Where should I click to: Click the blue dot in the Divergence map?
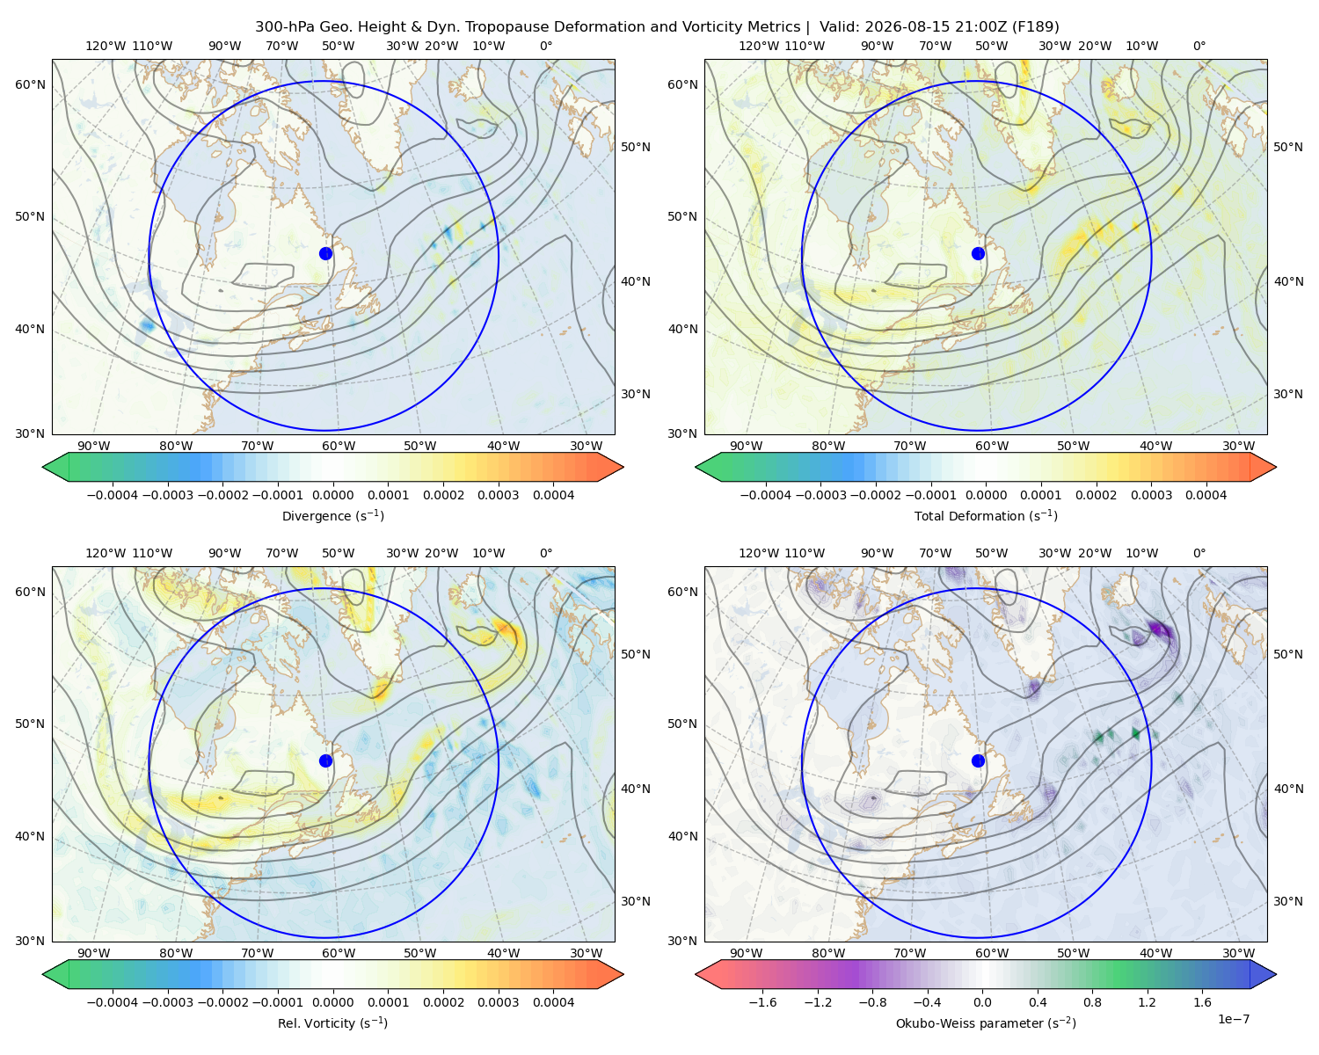point(325,253)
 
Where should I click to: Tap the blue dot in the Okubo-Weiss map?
point(978,760)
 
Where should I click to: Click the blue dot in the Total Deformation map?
point(978,253)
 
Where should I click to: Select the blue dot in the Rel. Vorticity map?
point(325,760)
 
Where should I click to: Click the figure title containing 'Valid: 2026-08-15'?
point(657,27)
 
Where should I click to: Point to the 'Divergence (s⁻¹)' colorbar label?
point(332,516)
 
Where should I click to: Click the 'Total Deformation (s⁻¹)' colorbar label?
point(986,516)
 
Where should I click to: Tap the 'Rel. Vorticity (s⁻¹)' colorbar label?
point(332,1023)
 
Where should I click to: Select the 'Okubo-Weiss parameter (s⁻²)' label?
point(986,1023)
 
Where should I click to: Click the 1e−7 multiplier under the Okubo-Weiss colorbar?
point(1233,1019)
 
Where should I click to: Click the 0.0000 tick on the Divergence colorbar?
point(332,495)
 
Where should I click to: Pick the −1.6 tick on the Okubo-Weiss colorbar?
point(763,1002)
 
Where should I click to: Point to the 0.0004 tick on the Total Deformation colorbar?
point(1206,495)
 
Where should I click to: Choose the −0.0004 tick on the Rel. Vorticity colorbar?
point(113,1002)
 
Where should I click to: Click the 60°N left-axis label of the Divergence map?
point(30,84)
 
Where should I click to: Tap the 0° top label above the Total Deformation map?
point(1199,46)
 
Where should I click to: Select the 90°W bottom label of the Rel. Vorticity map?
point(94,953)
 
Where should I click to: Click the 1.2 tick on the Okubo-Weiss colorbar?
point(1148,1002)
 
